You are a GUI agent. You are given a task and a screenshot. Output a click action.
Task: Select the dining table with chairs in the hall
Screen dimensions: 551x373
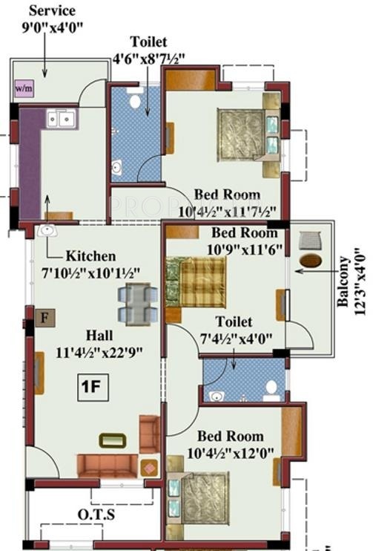click(x=137, y=301)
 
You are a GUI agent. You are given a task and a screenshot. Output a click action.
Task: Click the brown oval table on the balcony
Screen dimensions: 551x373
click(x=311, y=261)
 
